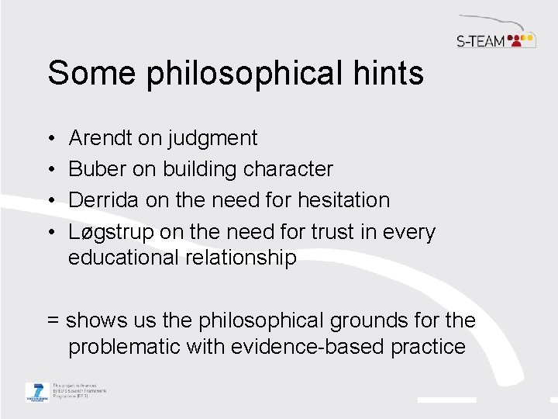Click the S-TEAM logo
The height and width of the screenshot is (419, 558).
pyautogui.click(x=495, y=39)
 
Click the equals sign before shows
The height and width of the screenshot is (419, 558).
pyautogui.click(x=53, y=320)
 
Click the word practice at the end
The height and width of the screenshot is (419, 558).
pyautogui.click(x=430, y=347)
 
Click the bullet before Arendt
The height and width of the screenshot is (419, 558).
pyautogui.click(x=50, y=139)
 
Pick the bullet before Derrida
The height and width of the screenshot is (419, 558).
pyautogui.click(x=50, y=200)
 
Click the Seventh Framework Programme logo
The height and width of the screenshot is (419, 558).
pyautogui.click(x=36, y=392)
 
